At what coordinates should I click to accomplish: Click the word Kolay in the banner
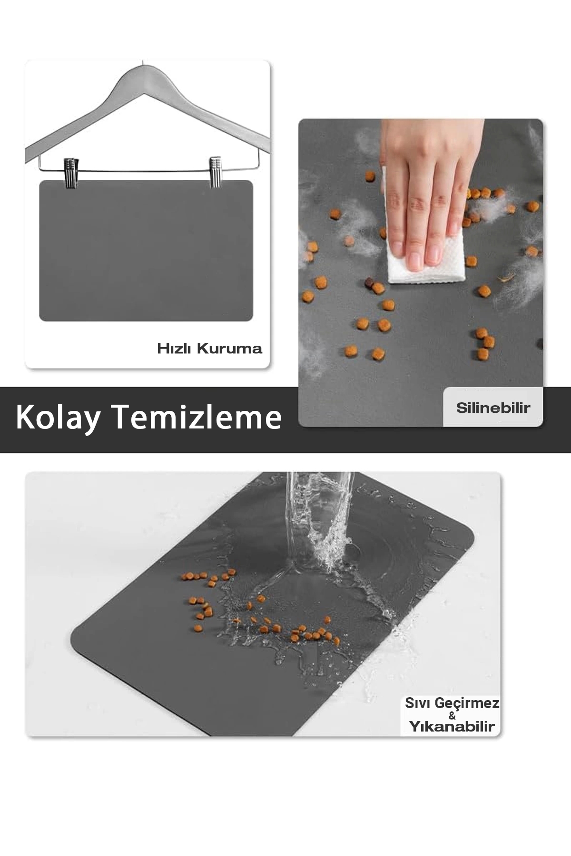[58, 418]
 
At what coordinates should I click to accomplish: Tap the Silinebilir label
[493, 408]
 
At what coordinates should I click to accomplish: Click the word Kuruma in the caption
[229, 349]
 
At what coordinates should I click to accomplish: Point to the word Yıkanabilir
[452, 726]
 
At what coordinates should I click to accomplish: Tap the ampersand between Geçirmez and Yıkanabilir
[452, 715]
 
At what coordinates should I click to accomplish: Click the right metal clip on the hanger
[216, 172]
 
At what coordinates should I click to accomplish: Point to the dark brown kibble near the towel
[369, 284]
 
